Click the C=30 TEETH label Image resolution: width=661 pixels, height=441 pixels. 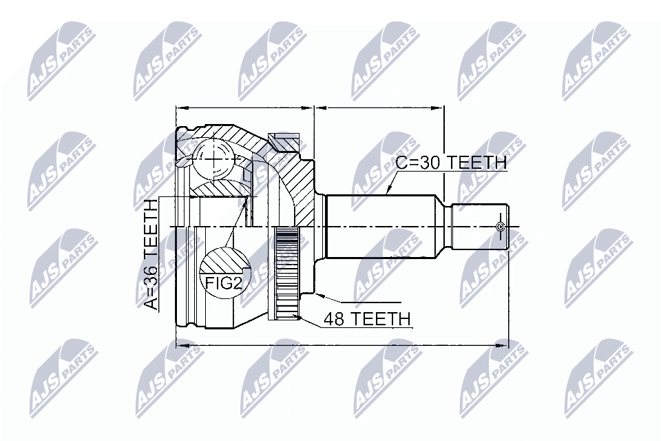tap(451, 163)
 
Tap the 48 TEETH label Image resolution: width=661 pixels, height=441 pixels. tap(359, 319)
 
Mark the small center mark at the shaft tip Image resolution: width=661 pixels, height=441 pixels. tap(501, 226)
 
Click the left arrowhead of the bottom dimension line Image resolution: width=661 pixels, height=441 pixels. tap(180, 342)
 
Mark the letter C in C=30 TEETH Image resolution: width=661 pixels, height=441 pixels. tap(401, 163)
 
